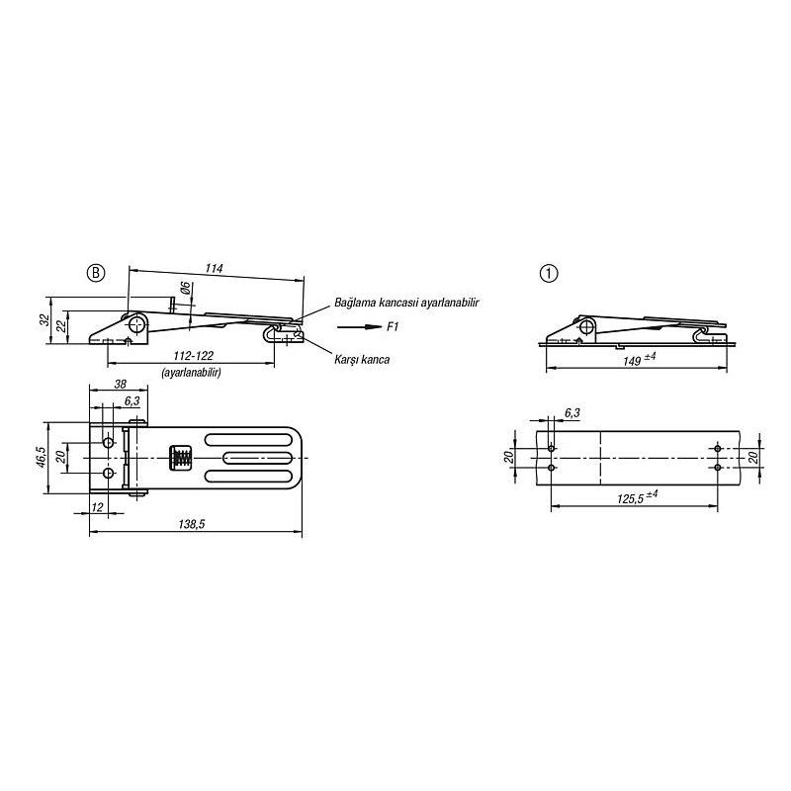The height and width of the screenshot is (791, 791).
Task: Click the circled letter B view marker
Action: (96, 273)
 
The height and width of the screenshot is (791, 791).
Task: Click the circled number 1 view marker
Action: (549, 274)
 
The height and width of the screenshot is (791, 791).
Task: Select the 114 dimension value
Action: (214, 268)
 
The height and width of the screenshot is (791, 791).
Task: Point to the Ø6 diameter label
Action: (185, 288)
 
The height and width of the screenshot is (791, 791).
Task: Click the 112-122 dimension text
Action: (193, 356)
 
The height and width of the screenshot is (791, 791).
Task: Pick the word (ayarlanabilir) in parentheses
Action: (191, 373)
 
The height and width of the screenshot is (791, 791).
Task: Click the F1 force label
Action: (393, 327)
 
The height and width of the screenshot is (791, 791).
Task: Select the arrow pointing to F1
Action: (360, 327)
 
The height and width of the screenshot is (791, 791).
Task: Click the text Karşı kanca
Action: (362, 359)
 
